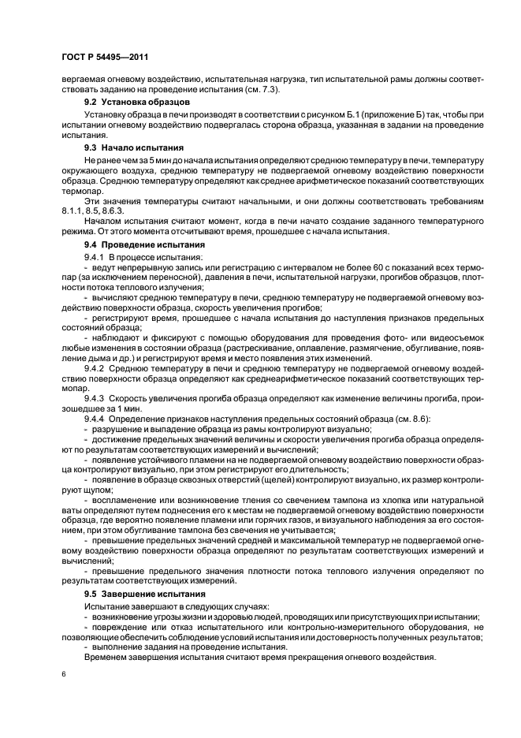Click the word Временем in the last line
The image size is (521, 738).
(107, 658)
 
